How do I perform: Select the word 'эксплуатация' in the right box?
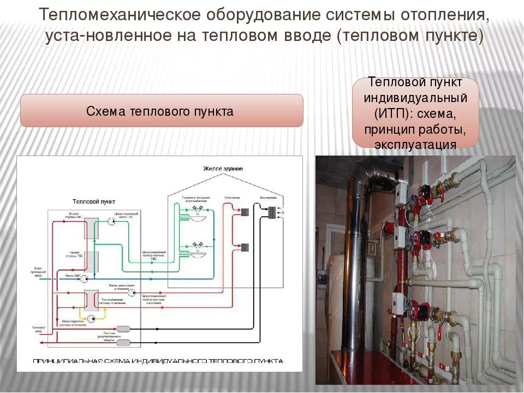point(415,145)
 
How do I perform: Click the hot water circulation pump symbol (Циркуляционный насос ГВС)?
point(110,221)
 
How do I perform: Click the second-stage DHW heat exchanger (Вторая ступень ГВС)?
point(91,229)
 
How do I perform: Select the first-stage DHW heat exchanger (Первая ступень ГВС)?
point(91,261)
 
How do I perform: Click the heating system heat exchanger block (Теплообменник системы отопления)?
point(91,299)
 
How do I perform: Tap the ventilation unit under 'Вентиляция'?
point(271,211)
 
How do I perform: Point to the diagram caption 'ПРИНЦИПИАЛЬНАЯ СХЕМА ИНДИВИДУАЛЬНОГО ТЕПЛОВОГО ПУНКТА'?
point(158,361)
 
